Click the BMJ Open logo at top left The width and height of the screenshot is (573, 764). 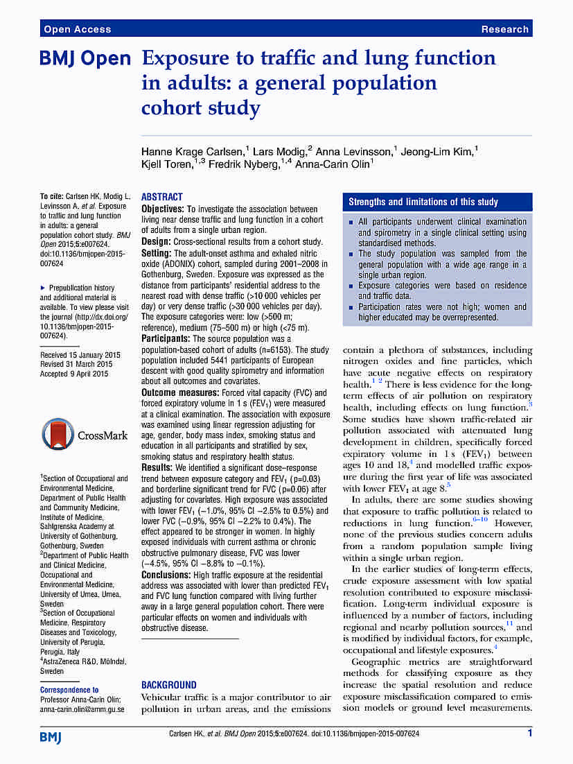(x=85, y=60)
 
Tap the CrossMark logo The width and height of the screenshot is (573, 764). (x=85, y=435)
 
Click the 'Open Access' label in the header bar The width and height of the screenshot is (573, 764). (x=77, y=29)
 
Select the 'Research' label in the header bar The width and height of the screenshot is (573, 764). (x=504, y=29)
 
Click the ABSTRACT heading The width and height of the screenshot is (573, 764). (x=162, y=197)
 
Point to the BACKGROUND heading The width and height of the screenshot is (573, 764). (x=169, y=684)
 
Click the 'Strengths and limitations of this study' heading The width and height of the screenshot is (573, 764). (x=423, y=202)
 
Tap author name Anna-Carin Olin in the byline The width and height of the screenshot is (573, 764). (x=334, y=164)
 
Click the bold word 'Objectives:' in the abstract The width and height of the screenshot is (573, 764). (x=163, y=209)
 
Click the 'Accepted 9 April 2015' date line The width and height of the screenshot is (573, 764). (x=74, y=374)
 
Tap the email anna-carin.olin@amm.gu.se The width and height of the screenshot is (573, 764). (x=82, y=709)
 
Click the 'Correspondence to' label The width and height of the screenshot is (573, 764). (x=69, y=690)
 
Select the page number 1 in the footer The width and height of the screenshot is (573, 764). (x=529, y=733)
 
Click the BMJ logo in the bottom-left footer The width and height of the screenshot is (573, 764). (x=51, y=736)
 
